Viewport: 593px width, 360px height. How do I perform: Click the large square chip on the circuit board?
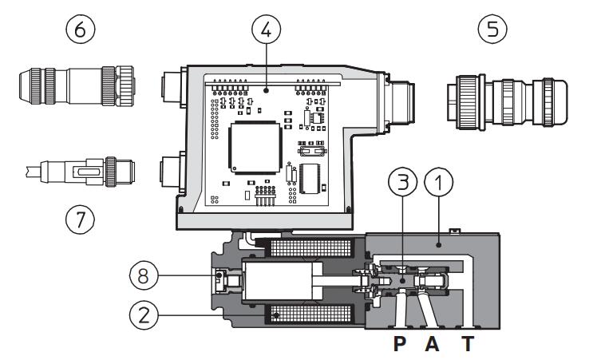(253, 149)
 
